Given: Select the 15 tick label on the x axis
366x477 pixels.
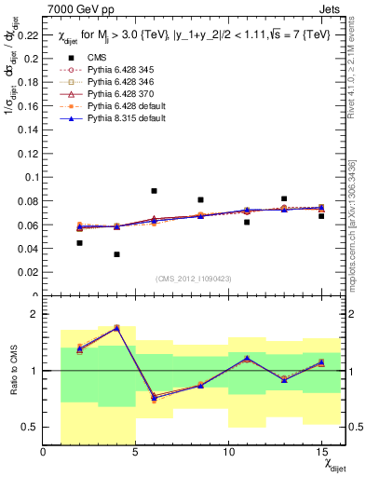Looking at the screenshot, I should click(x=320, y=452).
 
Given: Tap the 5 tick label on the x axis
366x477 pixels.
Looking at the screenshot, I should click(x=136, y=452).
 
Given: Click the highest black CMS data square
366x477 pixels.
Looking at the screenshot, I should click(x=154, y=191).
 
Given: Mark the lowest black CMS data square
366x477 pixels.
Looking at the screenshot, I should click(x=116, y=254).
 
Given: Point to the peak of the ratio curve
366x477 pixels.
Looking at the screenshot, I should click(x=116, y=327).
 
